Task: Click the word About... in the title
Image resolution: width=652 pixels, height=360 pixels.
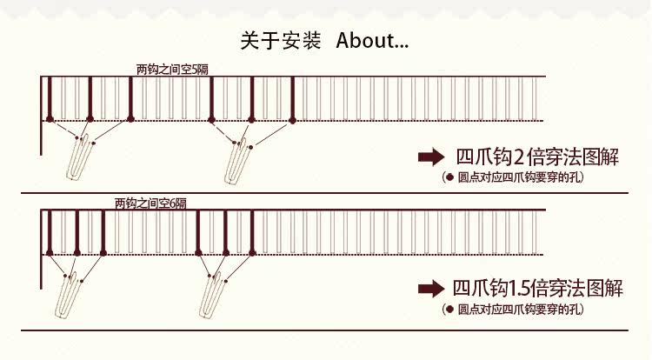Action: [372, 40]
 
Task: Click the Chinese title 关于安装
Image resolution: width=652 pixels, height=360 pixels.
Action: [280, 40]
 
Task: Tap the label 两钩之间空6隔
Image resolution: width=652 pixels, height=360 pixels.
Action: [150, 203]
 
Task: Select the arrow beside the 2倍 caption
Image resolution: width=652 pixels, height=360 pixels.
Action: [430, 157]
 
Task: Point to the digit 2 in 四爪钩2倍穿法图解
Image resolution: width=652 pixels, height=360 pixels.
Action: [519, 157]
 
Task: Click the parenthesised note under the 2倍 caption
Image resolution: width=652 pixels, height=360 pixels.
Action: [514, 177]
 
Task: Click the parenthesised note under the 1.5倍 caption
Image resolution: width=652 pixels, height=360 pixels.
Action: [514, 309]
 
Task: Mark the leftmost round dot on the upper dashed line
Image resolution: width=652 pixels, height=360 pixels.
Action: [50, 119]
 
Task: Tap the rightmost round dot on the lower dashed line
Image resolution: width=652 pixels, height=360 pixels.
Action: [253, 253]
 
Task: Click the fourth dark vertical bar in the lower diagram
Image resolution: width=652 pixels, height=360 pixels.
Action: [199, 231]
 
